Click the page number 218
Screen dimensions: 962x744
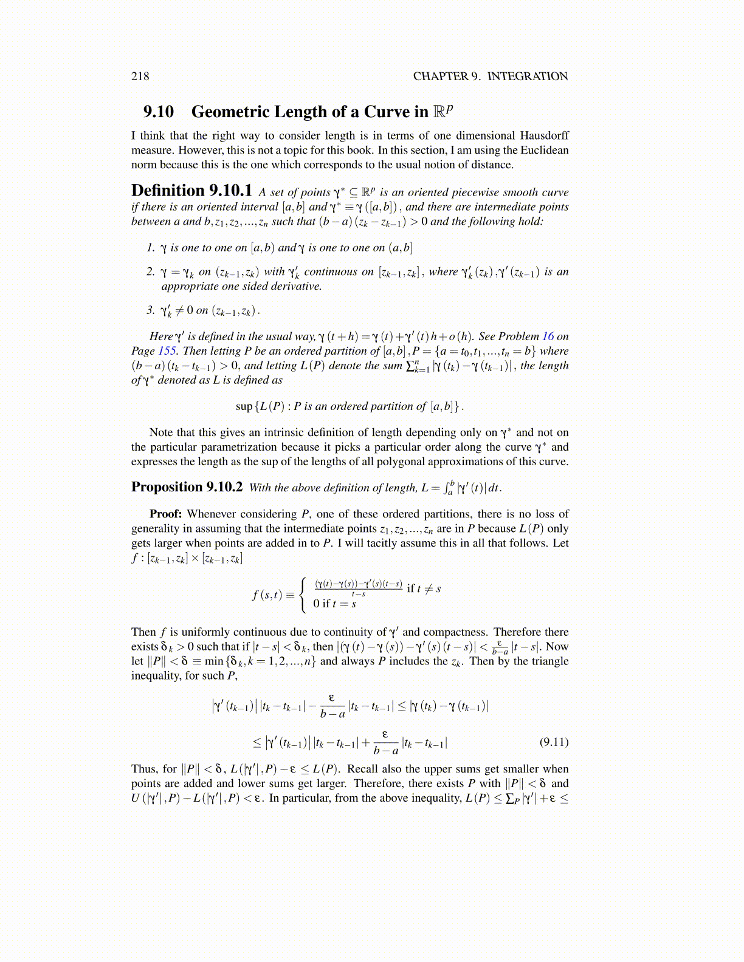click(140, 76)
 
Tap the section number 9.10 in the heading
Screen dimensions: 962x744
click(159, 112)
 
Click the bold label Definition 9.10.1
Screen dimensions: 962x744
click(191, 191)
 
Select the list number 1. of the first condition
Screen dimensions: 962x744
click(151, 247)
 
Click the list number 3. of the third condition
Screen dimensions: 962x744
click(151, 310)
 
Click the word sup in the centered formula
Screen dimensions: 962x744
click(244, 406)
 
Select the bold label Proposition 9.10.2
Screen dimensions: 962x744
click(187, 487)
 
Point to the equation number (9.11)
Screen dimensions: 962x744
click(554, 742)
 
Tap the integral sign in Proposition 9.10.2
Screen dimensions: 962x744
click(449, 487)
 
